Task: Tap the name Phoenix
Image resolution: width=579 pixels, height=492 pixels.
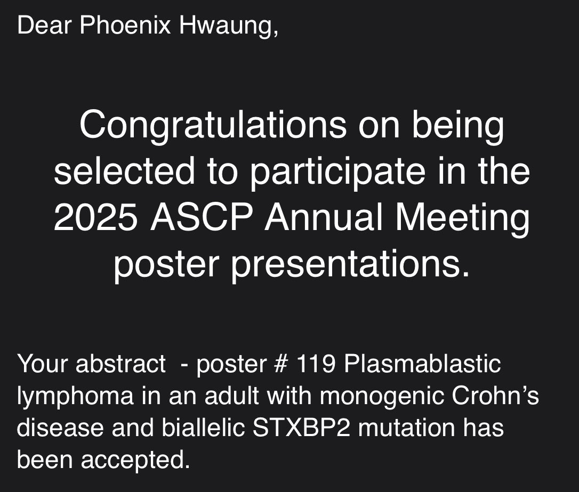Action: [x=125, y=26]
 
